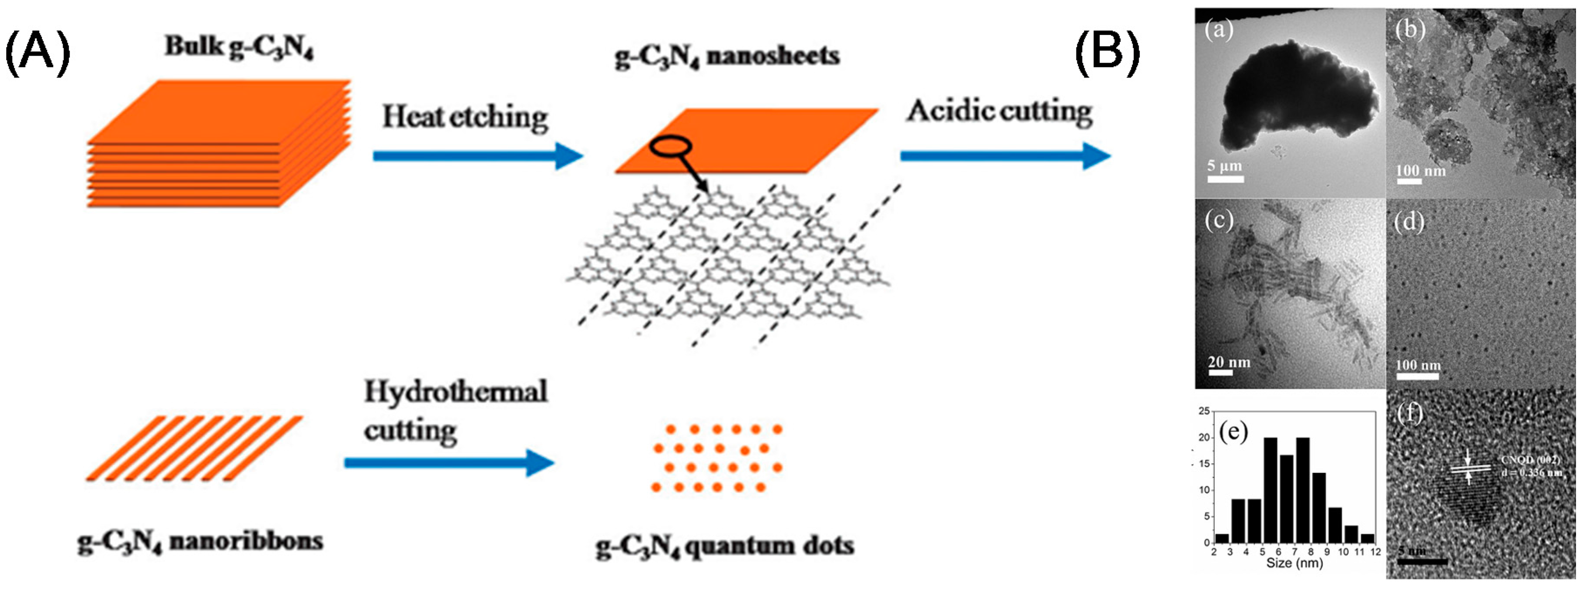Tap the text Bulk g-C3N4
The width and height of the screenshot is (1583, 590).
(240, 48)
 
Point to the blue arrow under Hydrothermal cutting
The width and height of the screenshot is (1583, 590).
(449, 463)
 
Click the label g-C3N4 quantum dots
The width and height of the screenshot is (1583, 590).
(725, 546)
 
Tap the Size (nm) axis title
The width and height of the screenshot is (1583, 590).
(1294, 563)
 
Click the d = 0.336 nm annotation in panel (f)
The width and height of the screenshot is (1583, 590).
(1531, 472)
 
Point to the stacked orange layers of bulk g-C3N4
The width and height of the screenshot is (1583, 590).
(218, 145)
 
